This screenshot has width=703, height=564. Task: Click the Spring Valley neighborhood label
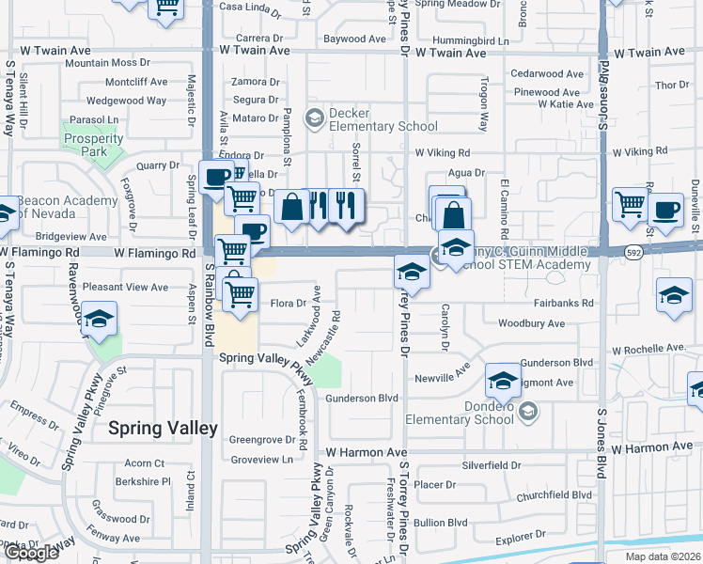(x=164, y=429)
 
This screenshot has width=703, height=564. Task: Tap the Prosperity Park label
(x=93, y=145)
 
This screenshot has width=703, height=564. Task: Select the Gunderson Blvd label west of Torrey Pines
(x=362, y=399)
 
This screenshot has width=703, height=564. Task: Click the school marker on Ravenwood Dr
(x=99, y=318)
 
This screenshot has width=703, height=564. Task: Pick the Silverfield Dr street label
(x=491, y=465)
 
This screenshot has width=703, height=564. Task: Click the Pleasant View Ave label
(x=125, y=287)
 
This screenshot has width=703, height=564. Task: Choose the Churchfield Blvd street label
(x=555, y=494)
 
